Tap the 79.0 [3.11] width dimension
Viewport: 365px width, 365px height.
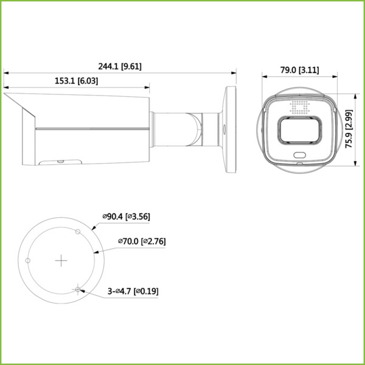click(299, 71)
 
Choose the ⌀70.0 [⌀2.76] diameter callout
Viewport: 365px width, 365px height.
click(142, 242)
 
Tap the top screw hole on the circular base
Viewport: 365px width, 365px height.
click(77, 232)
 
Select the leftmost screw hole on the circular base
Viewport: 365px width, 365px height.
click(28, 260)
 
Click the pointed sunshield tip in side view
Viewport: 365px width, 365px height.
click(6, 94)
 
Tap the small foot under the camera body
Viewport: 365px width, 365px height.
click(60, 162)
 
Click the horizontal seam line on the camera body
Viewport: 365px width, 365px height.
click(91, 129)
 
